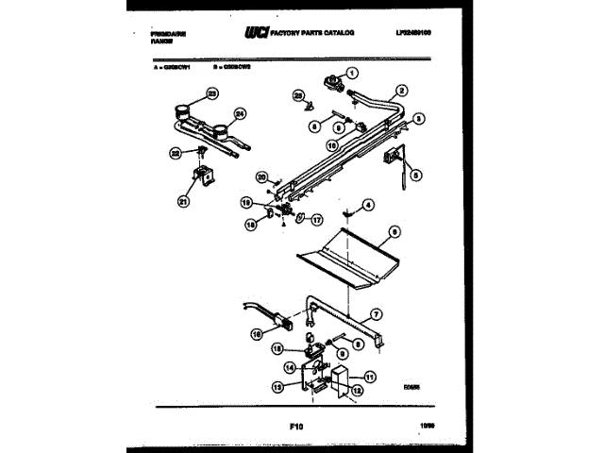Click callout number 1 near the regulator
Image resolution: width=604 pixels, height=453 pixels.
click(354, 74)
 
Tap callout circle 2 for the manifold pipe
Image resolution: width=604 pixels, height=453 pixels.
click(402, 91)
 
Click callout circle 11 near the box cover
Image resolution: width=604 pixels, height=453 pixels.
click(370, 377)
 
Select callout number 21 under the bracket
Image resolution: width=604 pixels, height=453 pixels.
click(183, 200)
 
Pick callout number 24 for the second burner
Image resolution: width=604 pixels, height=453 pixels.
click(239, 114)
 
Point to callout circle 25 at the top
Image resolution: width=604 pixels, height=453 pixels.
click(298, 94)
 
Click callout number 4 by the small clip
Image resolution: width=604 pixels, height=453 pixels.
click(369, 204)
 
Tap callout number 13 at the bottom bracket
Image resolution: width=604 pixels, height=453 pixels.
click(277, 387)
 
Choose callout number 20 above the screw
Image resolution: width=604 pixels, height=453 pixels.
click(263, 176)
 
